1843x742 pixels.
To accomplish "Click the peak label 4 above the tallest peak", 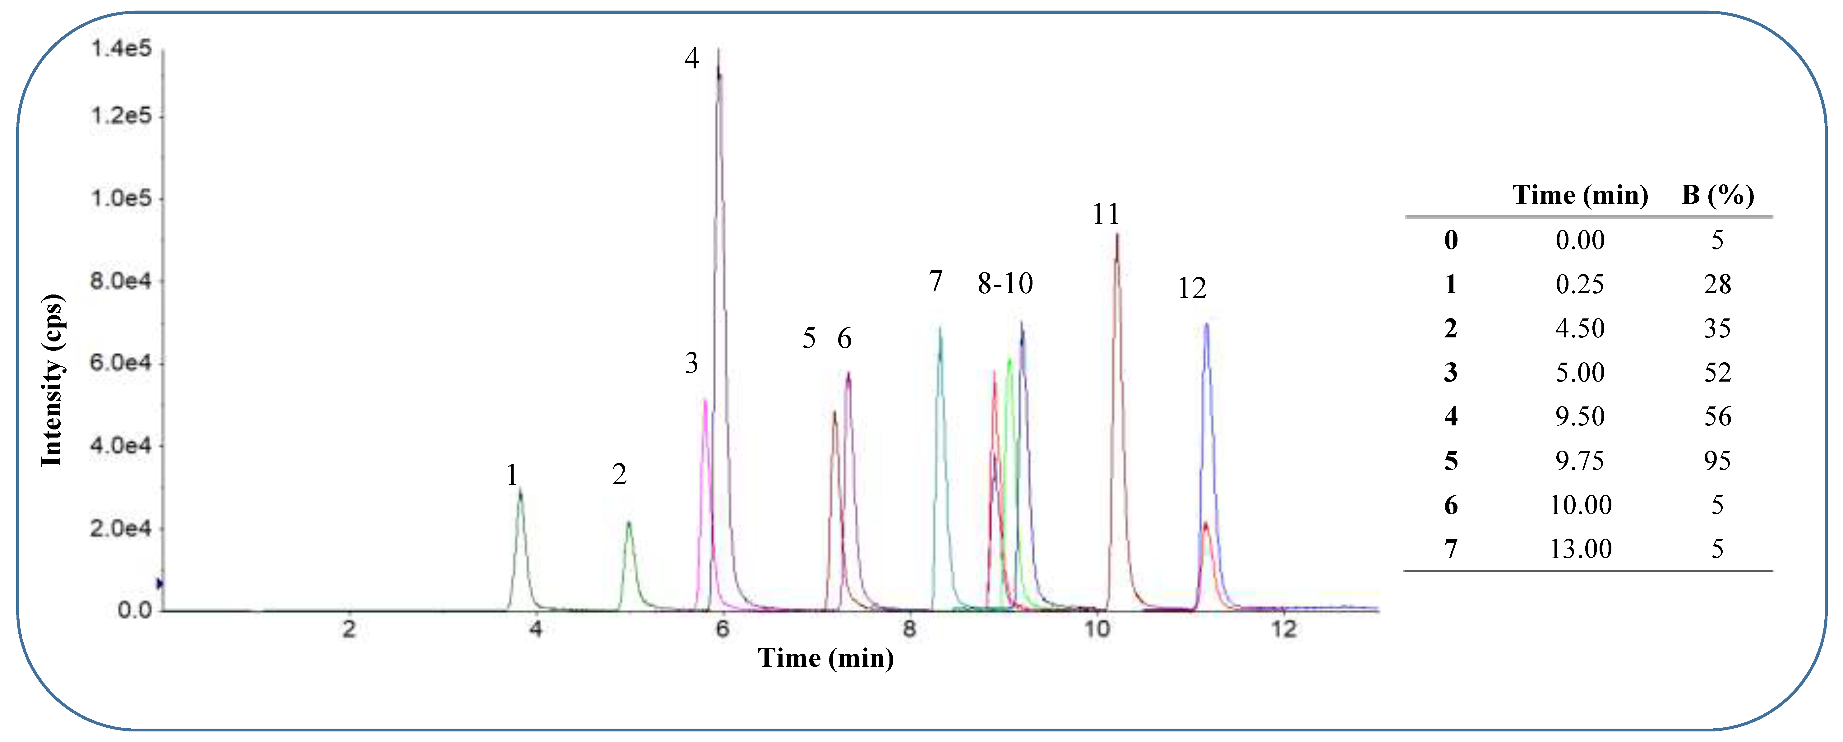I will click(691, 58).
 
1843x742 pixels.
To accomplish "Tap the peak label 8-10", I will click(1005, 283).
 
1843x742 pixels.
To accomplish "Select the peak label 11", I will click(1105, 214).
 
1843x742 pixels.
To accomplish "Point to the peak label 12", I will click(1192, 288).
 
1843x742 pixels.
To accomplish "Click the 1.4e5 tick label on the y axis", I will click(121, 49).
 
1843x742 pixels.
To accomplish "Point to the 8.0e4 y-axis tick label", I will click(121, 281).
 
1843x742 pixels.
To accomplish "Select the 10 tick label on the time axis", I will click(1097, 630).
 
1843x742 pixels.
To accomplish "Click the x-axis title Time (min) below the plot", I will click(826, 657).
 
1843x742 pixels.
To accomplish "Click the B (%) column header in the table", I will click(1717, 195).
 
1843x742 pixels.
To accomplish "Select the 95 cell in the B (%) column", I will click(1717, 461).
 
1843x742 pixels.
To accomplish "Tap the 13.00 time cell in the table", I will click(1580, 549).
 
